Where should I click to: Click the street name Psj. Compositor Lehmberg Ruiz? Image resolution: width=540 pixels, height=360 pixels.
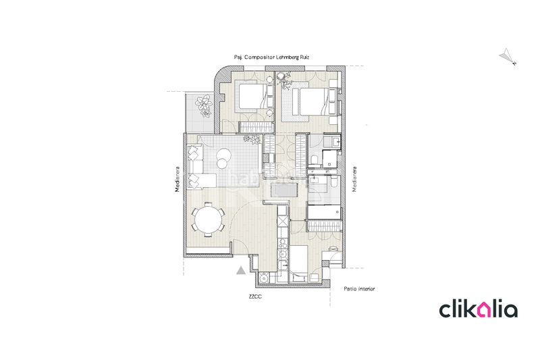tap(277, 59)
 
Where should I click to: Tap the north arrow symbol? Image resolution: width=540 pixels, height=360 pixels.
tap(507, 56)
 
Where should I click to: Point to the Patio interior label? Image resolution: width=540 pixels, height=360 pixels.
tap(359, 289)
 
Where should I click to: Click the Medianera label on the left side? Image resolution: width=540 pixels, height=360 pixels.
tap(178, 180)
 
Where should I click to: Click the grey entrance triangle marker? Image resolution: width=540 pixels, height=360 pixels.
tap(241, 271)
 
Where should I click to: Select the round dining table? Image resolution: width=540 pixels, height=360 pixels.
tap(208, 220)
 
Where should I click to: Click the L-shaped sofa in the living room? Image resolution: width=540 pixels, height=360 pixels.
tap(200, 169)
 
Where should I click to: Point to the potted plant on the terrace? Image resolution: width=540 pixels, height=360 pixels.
tap(204, 105)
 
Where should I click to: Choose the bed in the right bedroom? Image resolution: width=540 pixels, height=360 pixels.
tap(314, 103)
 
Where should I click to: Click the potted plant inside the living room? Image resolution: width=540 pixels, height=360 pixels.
tap(251, 139)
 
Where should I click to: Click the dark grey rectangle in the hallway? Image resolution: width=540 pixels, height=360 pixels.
tap(282, 188)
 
